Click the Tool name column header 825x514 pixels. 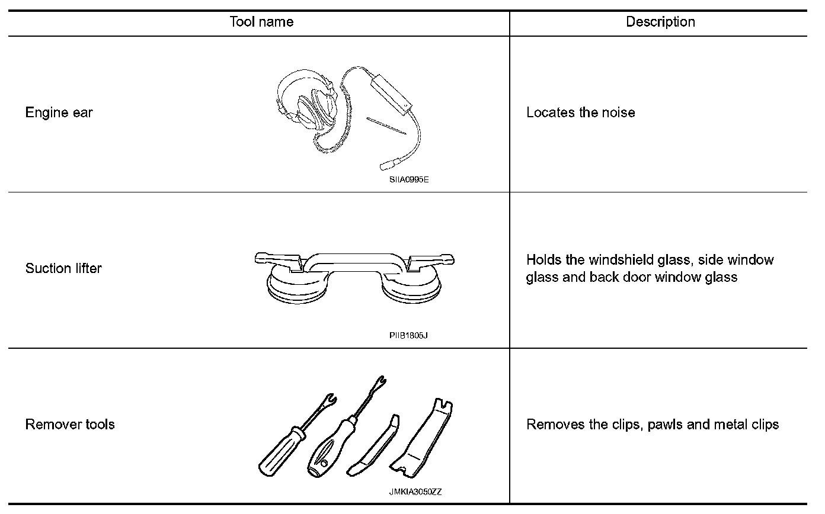tap(261, 23)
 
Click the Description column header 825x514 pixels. tap(660, 23)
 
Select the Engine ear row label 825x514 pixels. tap(59, 113)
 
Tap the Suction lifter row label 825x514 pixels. tap(63, 268)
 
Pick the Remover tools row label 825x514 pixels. tap(70, 425)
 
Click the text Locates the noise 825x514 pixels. tap(580, 113)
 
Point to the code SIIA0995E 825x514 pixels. tap(408, 179)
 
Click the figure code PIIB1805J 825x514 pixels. tap(408, 335)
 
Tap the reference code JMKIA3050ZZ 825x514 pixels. tap(415, 491)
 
